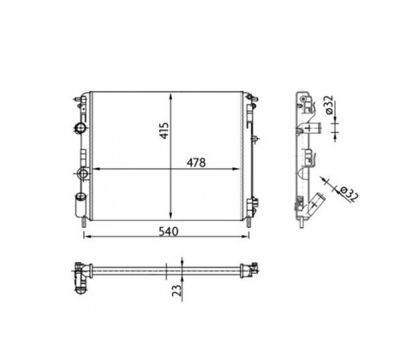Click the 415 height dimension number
pos(164,130)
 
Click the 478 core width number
pos(196,162)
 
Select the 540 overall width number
pos(168,231)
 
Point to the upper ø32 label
pos(330,105)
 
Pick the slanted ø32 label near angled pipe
pos(349,194)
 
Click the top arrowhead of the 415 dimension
pos(170,97)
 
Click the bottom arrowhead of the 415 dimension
pos(170,216)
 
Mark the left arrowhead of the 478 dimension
pos(95,169)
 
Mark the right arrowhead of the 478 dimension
pos(237,169)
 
